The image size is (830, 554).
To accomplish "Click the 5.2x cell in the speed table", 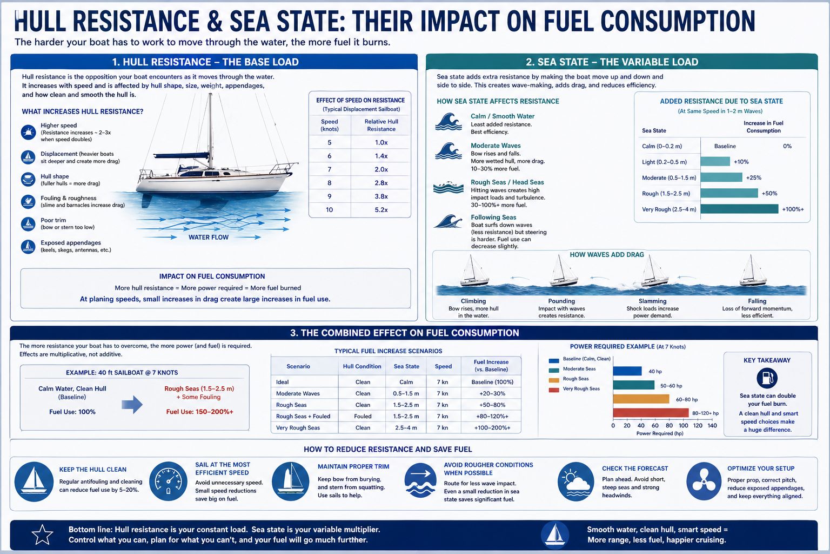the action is (381, 210).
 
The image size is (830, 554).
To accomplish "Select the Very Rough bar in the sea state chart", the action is (739, 209).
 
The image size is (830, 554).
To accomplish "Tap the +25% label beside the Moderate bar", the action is (754, 178).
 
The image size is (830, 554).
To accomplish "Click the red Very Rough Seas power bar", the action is (651, 413).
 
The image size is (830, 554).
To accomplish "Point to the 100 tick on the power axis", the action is (683, 426).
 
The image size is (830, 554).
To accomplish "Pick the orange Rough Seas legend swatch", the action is (554, 380).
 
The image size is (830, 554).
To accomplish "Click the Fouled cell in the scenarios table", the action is (363, 417).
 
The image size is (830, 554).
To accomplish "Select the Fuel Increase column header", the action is (491, 366).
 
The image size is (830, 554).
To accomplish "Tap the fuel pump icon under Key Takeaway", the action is (767, 378).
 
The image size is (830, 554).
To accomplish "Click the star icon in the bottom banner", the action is (42, 535).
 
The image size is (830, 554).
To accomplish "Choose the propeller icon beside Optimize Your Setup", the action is (704, 482).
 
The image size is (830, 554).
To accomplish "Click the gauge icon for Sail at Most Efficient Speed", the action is (168, 482).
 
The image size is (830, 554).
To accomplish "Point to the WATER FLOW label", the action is (209, 237).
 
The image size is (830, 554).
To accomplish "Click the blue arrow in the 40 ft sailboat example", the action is (132, 405).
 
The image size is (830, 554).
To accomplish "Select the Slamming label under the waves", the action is (653, 301).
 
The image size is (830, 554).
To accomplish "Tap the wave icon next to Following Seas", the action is (449, 221).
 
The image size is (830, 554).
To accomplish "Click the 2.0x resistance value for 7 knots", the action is (381, 169).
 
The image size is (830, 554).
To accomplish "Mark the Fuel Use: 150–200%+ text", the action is (200, 412).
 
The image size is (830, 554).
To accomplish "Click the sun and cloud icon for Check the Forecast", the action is (576, 482).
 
